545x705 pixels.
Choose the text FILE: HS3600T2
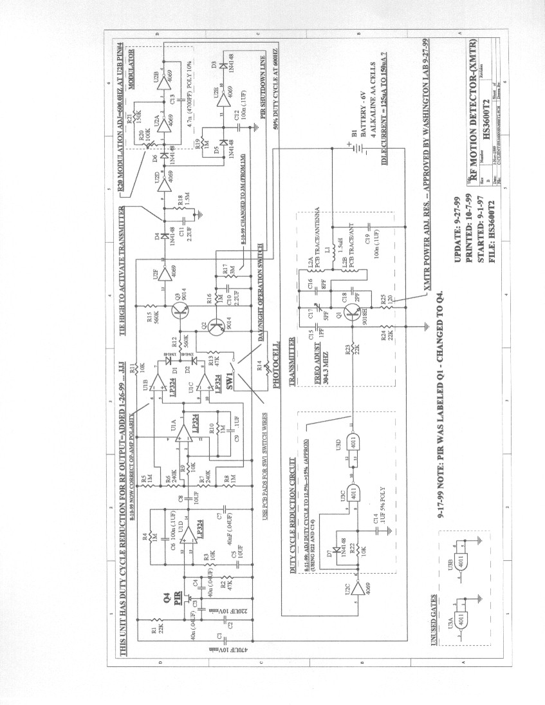click(493, 231)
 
